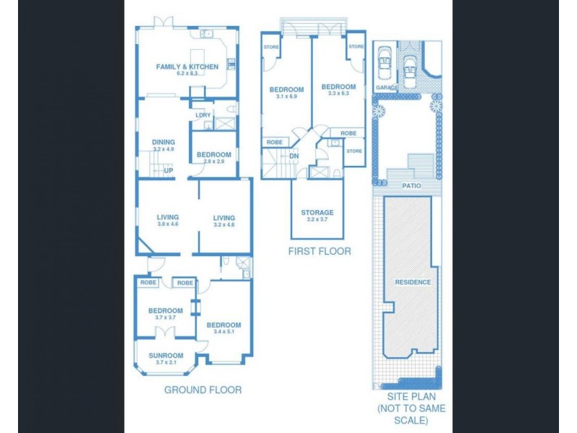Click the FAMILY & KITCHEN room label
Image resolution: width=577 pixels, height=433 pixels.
187,67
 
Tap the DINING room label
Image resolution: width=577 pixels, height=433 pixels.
164,142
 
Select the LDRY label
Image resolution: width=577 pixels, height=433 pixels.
203,115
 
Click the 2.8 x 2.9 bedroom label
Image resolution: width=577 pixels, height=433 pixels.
214,155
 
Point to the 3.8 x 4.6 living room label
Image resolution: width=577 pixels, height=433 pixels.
167,217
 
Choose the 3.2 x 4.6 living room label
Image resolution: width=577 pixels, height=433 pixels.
224,217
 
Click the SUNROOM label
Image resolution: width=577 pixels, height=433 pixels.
166,356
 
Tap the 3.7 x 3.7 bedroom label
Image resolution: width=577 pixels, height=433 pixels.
165,311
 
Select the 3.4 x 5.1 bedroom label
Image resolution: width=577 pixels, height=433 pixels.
224,325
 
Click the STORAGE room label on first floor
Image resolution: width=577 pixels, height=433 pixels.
317,213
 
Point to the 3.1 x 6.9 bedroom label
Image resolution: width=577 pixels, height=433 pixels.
286,89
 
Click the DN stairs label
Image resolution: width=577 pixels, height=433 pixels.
294,156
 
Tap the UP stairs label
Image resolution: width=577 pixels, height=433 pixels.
167,170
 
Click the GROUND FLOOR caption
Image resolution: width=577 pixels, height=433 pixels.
202,390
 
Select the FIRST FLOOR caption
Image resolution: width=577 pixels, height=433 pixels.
320,251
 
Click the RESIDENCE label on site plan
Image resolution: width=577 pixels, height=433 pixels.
413,282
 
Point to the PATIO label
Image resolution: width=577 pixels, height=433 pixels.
412,185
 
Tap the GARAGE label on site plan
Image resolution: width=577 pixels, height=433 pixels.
387,87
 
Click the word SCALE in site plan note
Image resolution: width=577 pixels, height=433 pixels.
411,420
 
